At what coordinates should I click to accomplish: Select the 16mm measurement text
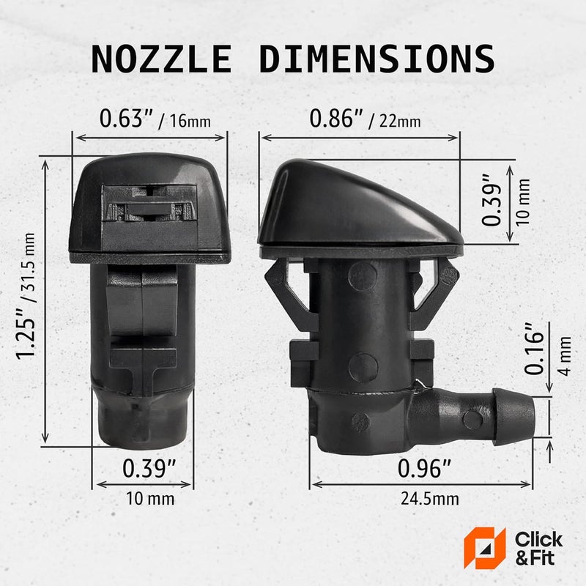click(189, 120)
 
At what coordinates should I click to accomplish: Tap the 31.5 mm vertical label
click(30, 259)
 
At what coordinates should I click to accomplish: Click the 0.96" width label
click(423, 467)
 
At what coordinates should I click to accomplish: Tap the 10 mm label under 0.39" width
click(150, 500)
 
